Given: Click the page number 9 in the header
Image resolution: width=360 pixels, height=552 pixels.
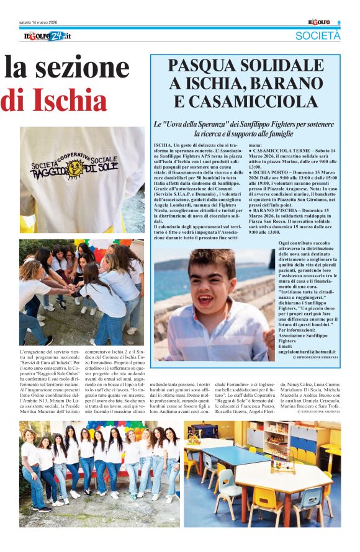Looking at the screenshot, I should click(x=339, y=24).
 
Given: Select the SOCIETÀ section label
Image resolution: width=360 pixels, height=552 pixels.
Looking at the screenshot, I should click(x=317, y=36).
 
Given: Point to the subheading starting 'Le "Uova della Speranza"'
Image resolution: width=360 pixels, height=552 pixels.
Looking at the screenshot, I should click(x=245, y=129).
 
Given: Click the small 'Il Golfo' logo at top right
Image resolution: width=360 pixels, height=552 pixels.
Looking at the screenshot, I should click(x=320, y=23).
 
